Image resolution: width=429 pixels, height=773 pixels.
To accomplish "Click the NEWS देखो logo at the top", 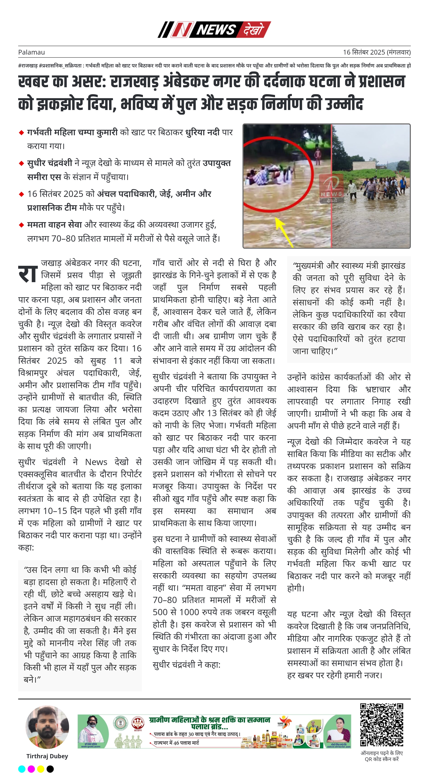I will pyautogui.click(x=214, y=29).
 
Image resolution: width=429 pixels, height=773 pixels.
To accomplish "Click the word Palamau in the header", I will pyautogui.click(x=31, y=52).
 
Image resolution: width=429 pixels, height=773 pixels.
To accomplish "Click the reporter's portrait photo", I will pyautogui.click(x=47, y=727).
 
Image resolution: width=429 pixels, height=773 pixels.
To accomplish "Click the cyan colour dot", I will pyautogui.click(x=22, y=769).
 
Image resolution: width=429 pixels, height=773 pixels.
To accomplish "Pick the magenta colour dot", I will pyautogui.click(x=31, y=769).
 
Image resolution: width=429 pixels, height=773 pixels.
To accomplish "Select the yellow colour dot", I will pyautogui.click(x=41, y=769).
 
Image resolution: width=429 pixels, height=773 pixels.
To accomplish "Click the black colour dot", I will pyautogui.click(x=50, y=769).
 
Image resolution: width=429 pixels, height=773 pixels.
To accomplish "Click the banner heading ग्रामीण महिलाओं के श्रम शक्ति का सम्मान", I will pyautogui.click(x=209, y=720).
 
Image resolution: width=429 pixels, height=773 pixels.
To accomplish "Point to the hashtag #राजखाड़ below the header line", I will pyautogui.click(x=28, y=65).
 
